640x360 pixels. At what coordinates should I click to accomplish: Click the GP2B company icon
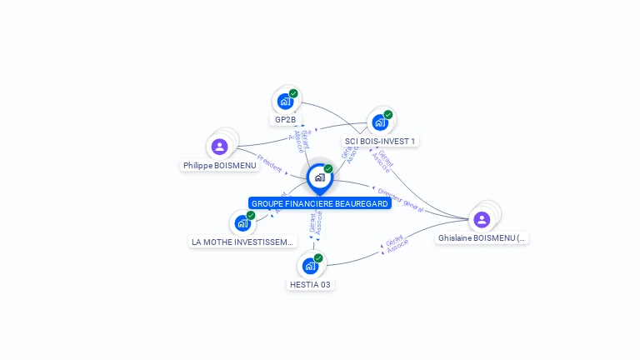click(x=285, y=102)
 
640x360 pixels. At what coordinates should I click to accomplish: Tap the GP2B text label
click(x=285, y=119)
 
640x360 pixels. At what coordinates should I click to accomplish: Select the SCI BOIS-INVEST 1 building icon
click(x=380, y=122)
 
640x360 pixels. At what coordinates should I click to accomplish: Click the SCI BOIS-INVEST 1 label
click(x=380, y=141)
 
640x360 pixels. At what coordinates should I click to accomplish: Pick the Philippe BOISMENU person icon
click(x=219, y=147)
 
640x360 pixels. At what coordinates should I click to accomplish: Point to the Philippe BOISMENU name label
click(x=219, y=165)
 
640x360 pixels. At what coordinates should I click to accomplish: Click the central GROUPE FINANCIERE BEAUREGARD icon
click(x=319, y=177)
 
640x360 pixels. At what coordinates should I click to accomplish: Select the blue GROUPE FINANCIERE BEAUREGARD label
click(x=319, y=203)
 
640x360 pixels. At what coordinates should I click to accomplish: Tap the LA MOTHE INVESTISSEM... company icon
click(x=242, y=222)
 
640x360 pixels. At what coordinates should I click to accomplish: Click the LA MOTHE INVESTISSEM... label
click(x=242, y=242)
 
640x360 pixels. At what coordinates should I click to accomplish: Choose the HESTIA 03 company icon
click(x=310, y=266)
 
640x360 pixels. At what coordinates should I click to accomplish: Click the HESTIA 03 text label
click(x=310, y=284)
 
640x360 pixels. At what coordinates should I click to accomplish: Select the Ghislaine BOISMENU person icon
click(x=481, y=219)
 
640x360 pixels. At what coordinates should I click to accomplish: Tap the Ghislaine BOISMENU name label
click(x=482, y=237)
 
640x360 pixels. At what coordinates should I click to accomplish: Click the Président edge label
click(x=269, y=162)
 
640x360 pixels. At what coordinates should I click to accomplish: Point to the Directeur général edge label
click(x=397, y=199)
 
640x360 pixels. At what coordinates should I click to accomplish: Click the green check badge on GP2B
click(x=293, y=93)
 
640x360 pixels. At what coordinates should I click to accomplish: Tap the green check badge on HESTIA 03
click(x=318, y=257)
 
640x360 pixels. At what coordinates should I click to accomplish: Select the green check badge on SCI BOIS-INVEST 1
click(x=388, y=114)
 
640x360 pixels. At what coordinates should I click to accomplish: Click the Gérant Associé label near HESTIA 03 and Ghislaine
click(x=397, y=245)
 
